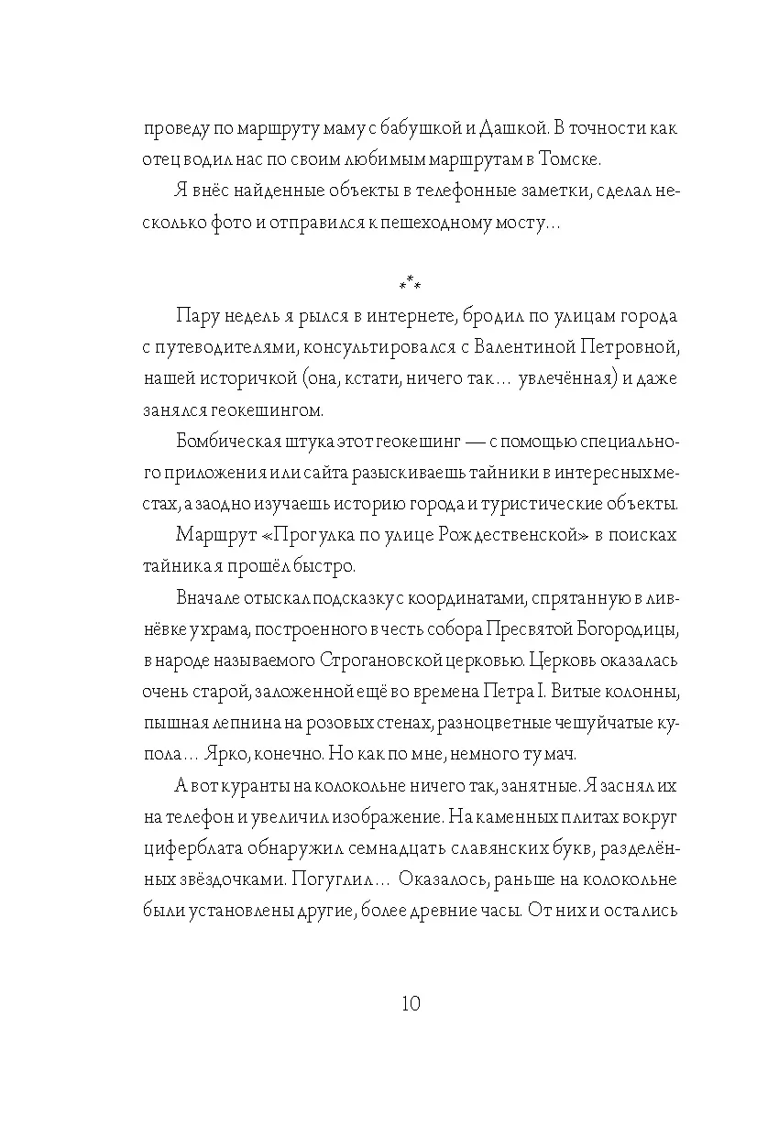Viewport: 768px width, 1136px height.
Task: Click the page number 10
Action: [410, 1002]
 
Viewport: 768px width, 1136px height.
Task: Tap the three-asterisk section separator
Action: [410, 285]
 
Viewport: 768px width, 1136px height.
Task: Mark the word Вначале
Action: [210, 599]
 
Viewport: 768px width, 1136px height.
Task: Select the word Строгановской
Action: [384, 661]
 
